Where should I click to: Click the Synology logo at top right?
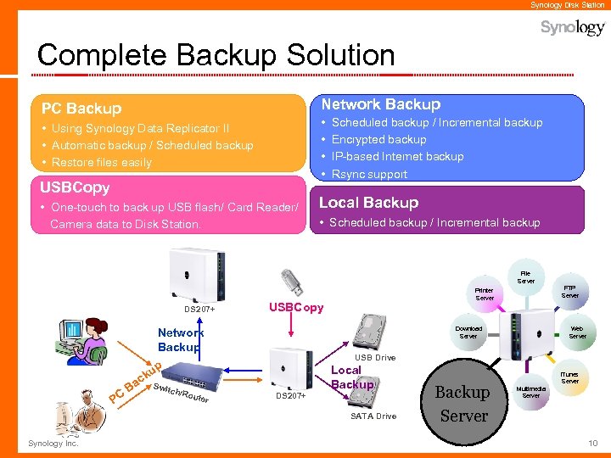tap(573, 28)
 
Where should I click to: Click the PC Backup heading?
tap(81, 109)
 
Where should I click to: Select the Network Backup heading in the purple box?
tap(379, 104)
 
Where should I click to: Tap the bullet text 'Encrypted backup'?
tap(378, 139)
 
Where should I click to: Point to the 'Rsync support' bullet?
tap(369, 174)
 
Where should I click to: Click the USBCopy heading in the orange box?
tap(76, 187)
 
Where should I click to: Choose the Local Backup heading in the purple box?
tap(368, 203)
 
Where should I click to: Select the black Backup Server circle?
tap(462, 404)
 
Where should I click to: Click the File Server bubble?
tap(526, 276)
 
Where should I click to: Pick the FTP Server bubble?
tap(569, 291)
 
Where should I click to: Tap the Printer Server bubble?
tap(485, 294)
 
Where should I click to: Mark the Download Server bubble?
tap(468, 332)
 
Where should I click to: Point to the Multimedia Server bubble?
tap(531, 391)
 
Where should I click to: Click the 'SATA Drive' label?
tap(373, 416)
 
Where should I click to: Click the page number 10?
tap(592, 444)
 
